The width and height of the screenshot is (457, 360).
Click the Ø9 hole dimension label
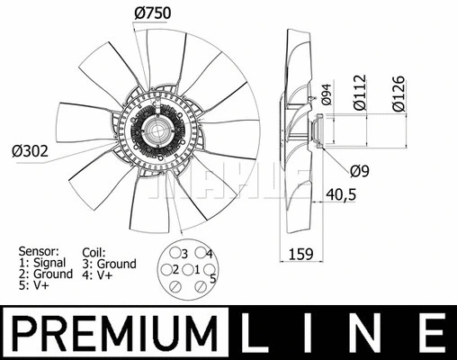pyautogui.click(x=360, y=170)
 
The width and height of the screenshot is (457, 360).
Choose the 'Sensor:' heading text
pyautogui.click(x=40, y=252)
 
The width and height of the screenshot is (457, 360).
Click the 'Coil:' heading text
pyautogui.click(x=93, y=253)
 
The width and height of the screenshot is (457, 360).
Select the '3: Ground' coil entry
pyautogui.click(x=109, y=265)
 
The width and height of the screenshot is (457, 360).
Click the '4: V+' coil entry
pyautogui.click(x=97, y=276)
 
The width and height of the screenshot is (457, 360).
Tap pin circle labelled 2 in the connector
pyautogui.click(x=166, y=270)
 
